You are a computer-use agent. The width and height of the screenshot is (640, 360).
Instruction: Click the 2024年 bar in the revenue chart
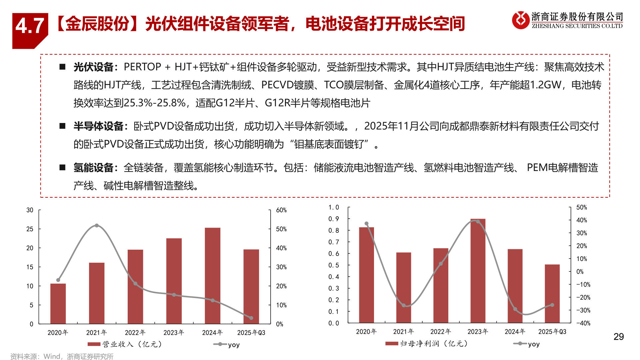(212, 276)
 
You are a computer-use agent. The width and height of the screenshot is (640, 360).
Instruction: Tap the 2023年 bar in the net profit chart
(478, 271)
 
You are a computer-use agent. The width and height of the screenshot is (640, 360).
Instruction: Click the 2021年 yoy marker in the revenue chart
(97, 226)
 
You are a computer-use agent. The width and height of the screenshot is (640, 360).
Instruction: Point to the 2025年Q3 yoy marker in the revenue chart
(251, 318)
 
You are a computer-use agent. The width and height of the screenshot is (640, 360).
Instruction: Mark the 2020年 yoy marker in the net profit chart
(366, 224)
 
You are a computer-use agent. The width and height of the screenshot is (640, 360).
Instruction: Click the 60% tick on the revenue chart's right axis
(281, 210)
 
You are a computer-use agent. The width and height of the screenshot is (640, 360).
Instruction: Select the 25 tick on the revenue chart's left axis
(30, 229)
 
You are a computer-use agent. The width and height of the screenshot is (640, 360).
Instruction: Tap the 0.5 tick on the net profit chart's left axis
(333, 265)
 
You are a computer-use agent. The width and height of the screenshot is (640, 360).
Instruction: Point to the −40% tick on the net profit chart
(583, 323)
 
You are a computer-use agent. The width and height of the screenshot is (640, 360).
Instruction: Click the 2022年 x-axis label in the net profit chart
(440, 332)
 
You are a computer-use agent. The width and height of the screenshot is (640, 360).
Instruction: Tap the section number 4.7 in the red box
(30, 26)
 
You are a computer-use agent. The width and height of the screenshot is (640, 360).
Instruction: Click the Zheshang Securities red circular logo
(520, 20)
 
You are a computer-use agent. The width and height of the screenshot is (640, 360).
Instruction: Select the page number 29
(619, 337)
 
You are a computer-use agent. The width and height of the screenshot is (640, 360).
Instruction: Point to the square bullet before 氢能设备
(62, 167)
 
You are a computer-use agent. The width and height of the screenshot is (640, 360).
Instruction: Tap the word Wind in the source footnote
(52, 356)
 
